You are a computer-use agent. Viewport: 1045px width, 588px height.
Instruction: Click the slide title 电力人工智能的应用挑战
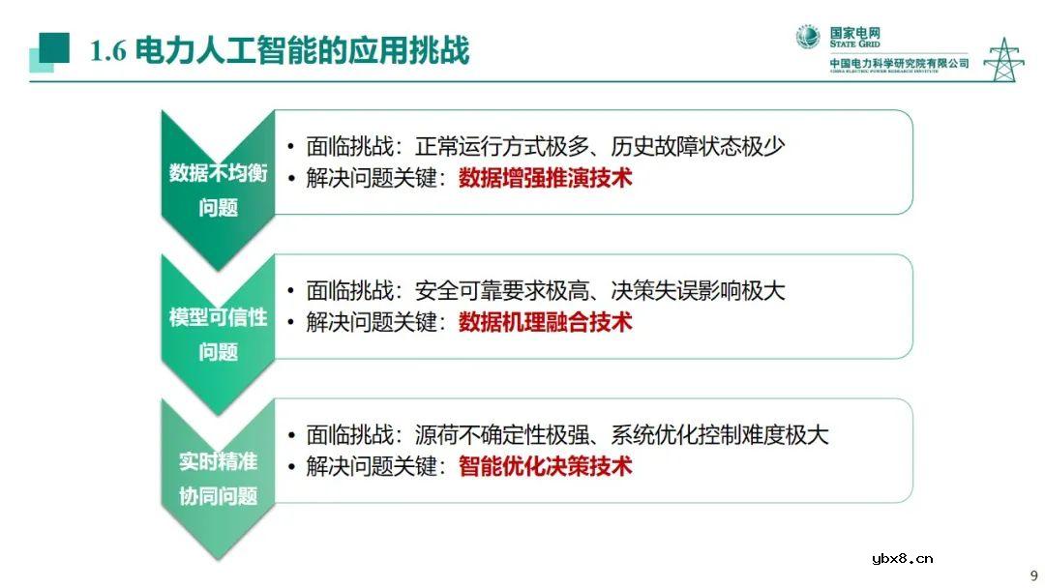coord(302,50)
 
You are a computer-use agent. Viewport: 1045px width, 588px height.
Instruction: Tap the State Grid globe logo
coord(808,37)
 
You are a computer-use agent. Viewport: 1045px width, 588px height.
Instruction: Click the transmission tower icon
coord(1003,59)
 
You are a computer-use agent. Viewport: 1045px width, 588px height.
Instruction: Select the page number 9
coord(1032,572)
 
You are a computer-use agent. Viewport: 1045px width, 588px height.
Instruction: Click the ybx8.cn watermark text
coord(902,558)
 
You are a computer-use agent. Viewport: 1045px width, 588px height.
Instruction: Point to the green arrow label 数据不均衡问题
coord(218,190)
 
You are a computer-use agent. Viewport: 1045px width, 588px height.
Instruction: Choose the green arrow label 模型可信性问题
coord(218,334)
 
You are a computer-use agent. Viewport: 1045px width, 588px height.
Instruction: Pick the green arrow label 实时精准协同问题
coord(218,478)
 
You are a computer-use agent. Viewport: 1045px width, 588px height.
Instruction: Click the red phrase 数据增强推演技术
coord(545,178)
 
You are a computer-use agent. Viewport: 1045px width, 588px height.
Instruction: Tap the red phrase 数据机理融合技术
coord(545,322)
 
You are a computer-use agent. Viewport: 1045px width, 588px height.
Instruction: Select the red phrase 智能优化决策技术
coord(545,466)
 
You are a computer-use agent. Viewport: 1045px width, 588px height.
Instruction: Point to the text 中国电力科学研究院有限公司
coord(899,64)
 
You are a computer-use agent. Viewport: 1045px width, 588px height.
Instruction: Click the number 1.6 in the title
coord(107,51)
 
